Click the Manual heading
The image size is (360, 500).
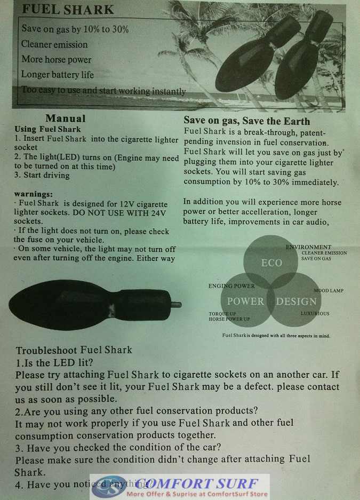tap(65, 118)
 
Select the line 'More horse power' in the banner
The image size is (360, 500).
tap(57, 60)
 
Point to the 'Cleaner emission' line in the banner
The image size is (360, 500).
tap(54, 44)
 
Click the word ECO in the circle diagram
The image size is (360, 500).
tap(271, 263)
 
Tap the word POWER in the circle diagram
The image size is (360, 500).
tap(246, 301)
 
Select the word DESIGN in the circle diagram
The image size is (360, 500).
tap(296, 301)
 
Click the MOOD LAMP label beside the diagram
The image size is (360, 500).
tap(329, 291)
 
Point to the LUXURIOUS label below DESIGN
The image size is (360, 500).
tap(315, 314)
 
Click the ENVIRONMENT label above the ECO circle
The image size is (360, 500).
tap(308, 247)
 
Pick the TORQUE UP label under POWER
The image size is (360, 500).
tap(222, 314)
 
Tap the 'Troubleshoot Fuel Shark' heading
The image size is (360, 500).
tap(74, 351)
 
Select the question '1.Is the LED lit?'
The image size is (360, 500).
tap(55, 363)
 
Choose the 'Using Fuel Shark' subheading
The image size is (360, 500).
tap(47, 129)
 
